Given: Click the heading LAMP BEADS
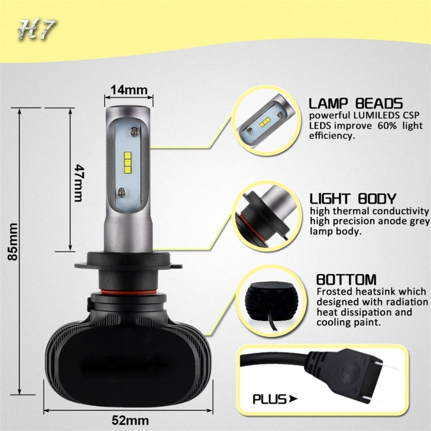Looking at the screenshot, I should pos(355,103).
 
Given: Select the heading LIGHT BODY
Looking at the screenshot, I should pos(352,199).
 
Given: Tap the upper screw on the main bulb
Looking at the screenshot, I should pos(134,132).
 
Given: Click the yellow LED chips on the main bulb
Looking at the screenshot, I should pos(128,160).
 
